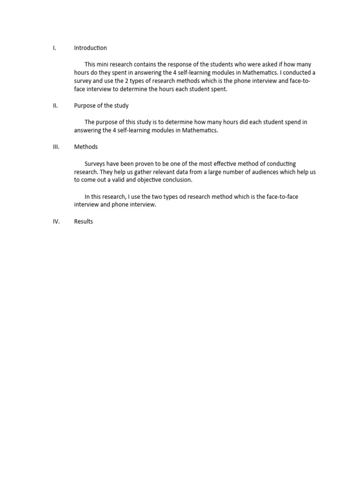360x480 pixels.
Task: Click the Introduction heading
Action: click(90, 48)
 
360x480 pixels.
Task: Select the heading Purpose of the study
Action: click(101, 105)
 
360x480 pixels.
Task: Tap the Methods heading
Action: click(86, 147)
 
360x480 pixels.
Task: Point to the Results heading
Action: click(83, 221)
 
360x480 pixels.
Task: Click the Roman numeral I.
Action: click(54, 48)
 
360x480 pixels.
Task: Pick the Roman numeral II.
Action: click(55, 105)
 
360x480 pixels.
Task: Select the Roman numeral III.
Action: click(56, 147)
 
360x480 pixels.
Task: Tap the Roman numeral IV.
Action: click(56, 221)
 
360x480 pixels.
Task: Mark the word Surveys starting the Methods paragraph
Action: click(96, 164)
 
